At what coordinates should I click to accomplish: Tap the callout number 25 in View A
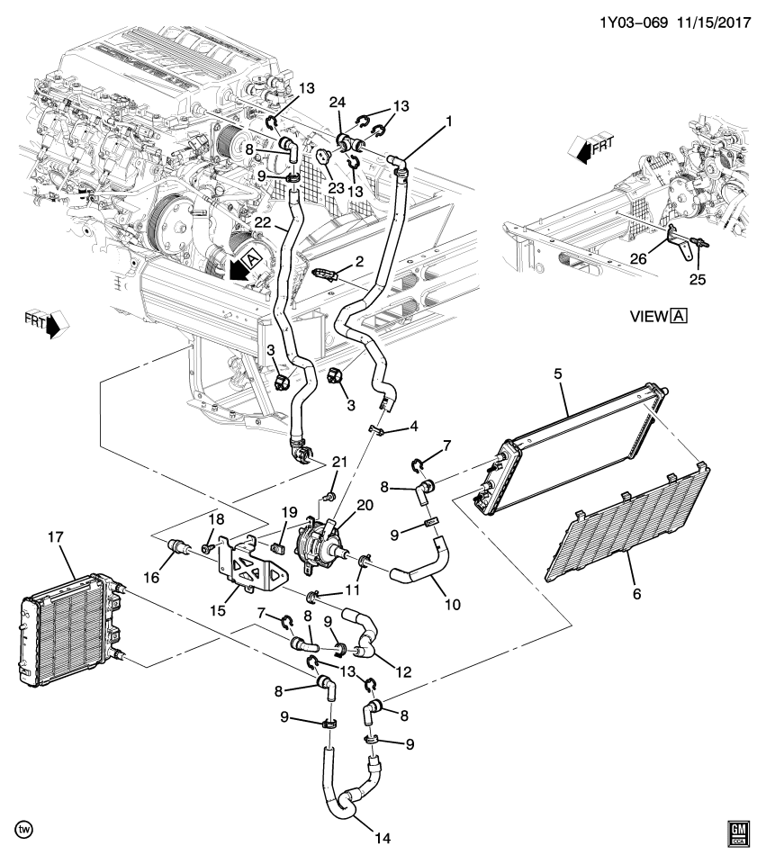[697, 279]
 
